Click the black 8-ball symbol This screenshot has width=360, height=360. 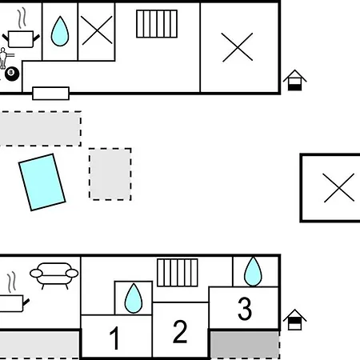pos(12,74)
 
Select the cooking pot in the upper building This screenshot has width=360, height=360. pos(21,39)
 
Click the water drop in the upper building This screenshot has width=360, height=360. pos(60,31)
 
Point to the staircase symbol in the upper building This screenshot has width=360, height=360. pos(157,24)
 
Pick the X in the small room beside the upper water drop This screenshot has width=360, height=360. pos(97,30)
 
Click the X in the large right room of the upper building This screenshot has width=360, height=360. pos(238,47)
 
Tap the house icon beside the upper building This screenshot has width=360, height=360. pos(294,80)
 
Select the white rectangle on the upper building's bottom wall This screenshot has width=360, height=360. pos(51,94)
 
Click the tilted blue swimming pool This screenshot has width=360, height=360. pos(42,182)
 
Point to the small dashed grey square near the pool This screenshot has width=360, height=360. pos(110,174)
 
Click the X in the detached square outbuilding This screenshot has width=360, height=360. pos(339,188)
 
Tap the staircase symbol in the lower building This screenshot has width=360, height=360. pos(178,273)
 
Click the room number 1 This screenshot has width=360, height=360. pos(114,338)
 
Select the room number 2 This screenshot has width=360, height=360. pos(180,331)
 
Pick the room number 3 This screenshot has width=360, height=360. pos(245,309)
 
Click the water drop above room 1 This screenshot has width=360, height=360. pos(134,298)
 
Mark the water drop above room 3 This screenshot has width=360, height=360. pos(253,271)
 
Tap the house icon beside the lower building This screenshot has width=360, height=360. pos(294,320)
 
